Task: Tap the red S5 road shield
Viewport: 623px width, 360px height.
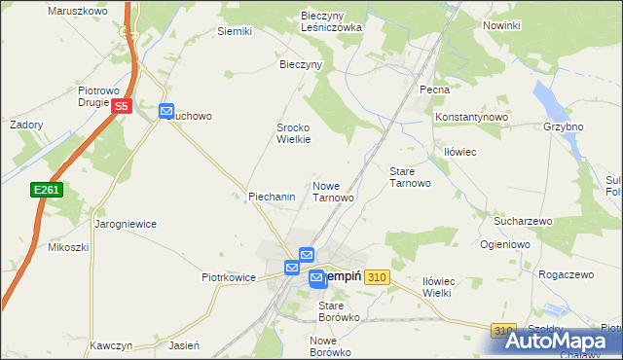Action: [x=122, y=106]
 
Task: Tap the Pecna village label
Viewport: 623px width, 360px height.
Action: [x=434, y=90]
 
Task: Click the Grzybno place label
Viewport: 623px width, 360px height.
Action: [x=564, y=127]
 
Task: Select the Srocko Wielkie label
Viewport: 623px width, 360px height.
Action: [x=294, y=133]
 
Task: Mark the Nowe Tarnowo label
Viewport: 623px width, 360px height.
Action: [x=333, y=191]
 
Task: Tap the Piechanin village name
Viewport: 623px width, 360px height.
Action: [x=272, y=197]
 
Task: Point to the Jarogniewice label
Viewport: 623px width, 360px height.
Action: [x=126, y=224]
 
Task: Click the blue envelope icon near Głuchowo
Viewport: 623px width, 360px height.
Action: [x=166, y=112]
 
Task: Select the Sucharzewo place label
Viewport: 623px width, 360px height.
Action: [x=522, y=222]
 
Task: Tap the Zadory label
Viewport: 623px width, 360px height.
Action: [x=26, y=126]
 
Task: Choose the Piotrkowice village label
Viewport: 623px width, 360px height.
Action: [x=228, y=277]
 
